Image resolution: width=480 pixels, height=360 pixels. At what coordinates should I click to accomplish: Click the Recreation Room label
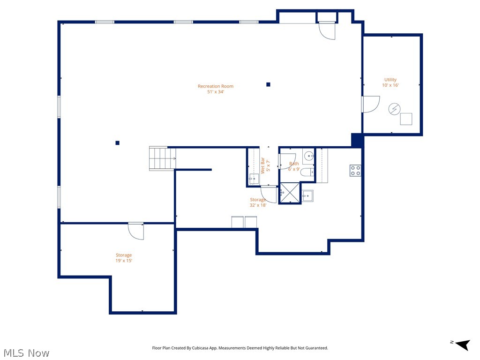coord(215,86)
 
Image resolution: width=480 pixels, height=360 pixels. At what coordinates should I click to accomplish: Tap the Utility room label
coord(390,80)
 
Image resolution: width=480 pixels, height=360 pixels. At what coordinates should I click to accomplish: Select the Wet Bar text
coord(263,165)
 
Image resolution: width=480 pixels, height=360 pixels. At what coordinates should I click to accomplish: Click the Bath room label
coord(294,164)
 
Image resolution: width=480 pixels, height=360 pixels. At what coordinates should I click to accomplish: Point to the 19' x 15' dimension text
coord(124,261)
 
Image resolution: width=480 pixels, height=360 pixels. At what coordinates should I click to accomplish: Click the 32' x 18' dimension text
coord(258,205)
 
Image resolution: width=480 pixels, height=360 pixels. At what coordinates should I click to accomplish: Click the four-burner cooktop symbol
coord(355,171)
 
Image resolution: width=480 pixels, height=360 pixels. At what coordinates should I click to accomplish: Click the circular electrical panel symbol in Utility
coord(394,109)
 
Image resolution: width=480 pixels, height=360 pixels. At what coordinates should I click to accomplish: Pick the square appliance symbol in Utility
coord(406,119)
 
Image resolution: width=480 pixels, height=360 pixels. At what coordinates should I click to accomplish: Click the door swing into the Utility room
coord(371,104)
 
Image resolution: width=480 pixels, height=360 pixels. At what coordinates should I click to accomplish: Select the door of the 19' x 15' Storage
coord(136,231)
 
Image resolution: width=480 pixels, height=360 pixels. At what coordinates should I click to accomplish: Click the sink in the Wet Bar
coord(254,179)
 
